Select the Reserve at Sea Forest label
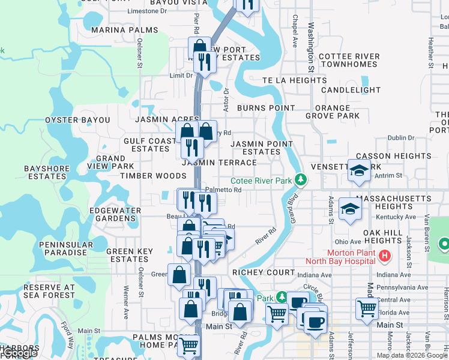pyautogui.click(x=49, y=291)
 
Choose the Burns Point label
pyautogui.click(x=266, y=108)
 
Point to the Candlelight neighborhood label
pyautogui.click(x=351, y=90)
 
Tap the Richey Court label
pyautogui.click(x=260, y=272)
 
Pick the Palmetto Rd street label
pyautogui.click(x=223, y=190)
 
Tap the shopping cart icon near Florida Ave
pyautogui.click(x=367, y=308)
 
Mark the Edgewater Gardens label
pyautogui.click(x=115, y=214)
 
